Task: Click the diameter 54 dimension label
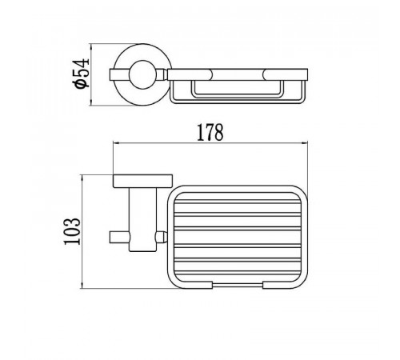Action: [x=81, y=74]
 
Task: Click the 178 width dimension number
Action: [x=210, y=133]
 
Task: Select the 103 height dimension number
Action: [x=72, y=231]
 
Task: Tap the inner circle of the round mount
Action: [x=143, y=74]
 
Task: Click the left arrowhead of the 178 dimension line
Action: [x=116, y=143]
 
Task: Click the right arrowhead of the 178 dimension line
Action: [x=305, y=143]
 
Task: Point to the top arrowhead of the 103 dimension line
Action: [x=82, y=178]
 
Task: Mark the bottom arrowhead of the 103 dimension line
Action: [x=82, y=285]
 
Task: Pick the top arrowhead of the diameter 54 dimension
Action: [x=91, y=47]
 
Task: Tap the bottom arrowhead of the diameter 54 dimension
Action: [x=91, y=102]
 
